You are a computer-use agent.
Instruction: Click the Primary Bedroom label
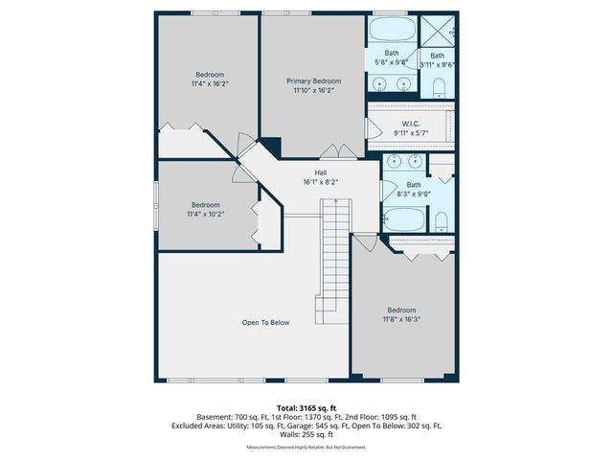coord(313,81)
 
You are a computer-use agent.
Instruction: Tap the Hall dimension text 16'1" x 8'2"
coord(321,181)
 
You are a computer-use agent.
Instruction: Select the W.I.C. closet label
coord(412,123)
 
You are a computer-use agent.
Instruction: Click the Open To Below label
coord(265,323)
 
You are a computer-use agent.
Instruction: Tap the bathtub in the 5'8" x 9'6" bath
coord(393,30)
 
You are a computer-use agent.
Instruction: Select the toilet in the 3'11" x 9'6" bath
coord(439,89)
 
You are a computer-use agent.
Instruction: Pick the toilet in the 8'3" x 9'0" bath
coord(441,222)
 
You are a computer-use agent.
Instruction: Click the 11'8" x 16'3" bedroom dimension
coord(401,319)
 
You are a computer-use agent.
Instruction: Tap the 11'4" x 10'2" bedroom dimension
coord(205,214)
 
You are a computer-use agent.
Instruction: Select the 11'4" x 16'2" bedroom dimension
coord(210,83)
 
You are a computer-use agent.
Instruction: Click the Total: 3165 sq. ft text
coord(306,408)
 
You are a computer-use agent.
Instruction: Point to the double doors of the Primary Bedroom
coord(336,150)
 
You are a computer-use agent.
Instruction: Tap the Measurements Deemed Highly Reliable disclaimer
coord(306,447)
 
